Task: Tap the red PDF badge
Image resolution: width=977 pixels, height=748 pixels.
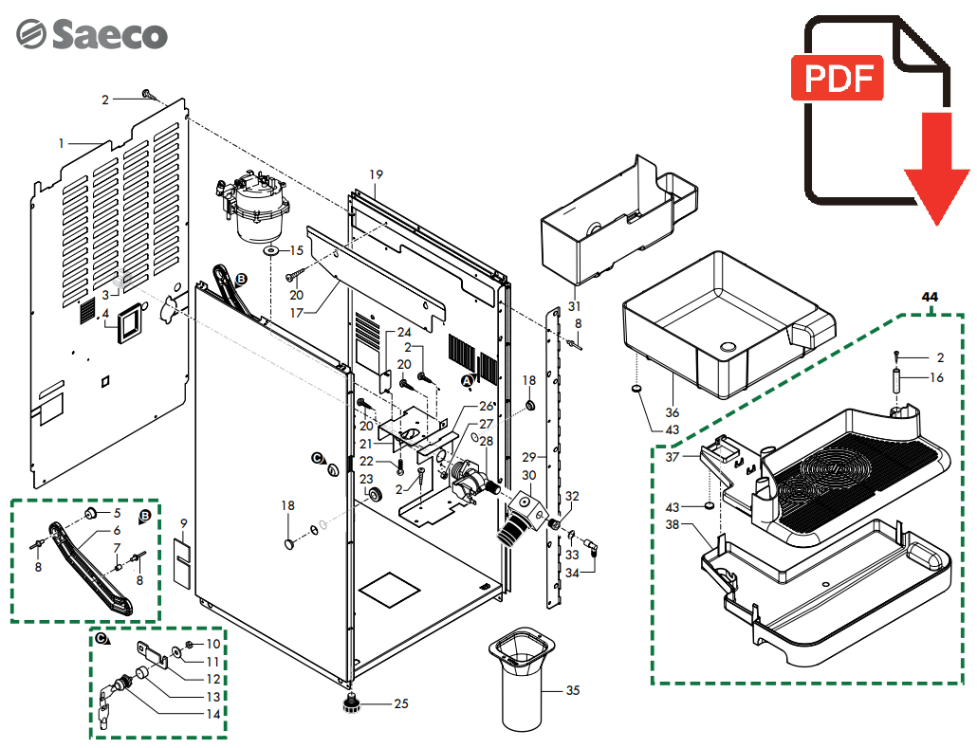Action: click(x=838, y=80)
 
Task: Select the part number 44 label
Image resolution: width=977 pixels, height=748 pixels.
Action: click(x=930, y=298)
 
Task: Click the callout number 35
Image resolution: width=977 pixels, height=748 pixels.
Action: click(x=572, y=691)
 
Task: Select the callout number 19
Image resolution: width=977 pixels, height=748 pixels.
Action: click(x=376, y=174)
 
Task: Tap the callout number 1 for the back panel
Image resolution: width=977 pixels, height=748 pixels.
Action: click(x=62, y=143)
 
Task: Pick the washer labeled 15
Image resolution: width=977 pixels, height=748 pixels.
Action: click(x=270, y=251)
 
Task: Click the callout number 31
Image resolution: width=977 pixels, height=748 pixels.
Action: click(x=574, y=305)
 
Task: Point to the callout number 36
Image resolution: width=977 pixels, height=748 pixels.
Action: click(x=672, y=413)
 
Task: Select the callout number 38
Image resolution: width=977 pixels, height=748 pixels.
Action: click(x=672, y=524)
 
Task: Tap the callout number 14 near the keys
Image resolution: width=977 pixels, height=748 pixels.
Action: click(x=213, y=713)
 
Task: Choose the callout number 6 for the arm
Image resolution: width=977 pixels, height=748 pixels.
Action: click(x=117, y=531)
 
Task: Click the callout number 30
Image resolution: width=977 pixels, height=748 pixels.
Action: click(x=529, y=476)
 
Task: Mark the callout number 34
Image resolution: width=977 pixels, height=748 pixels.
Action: click(x=572, y=573)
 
